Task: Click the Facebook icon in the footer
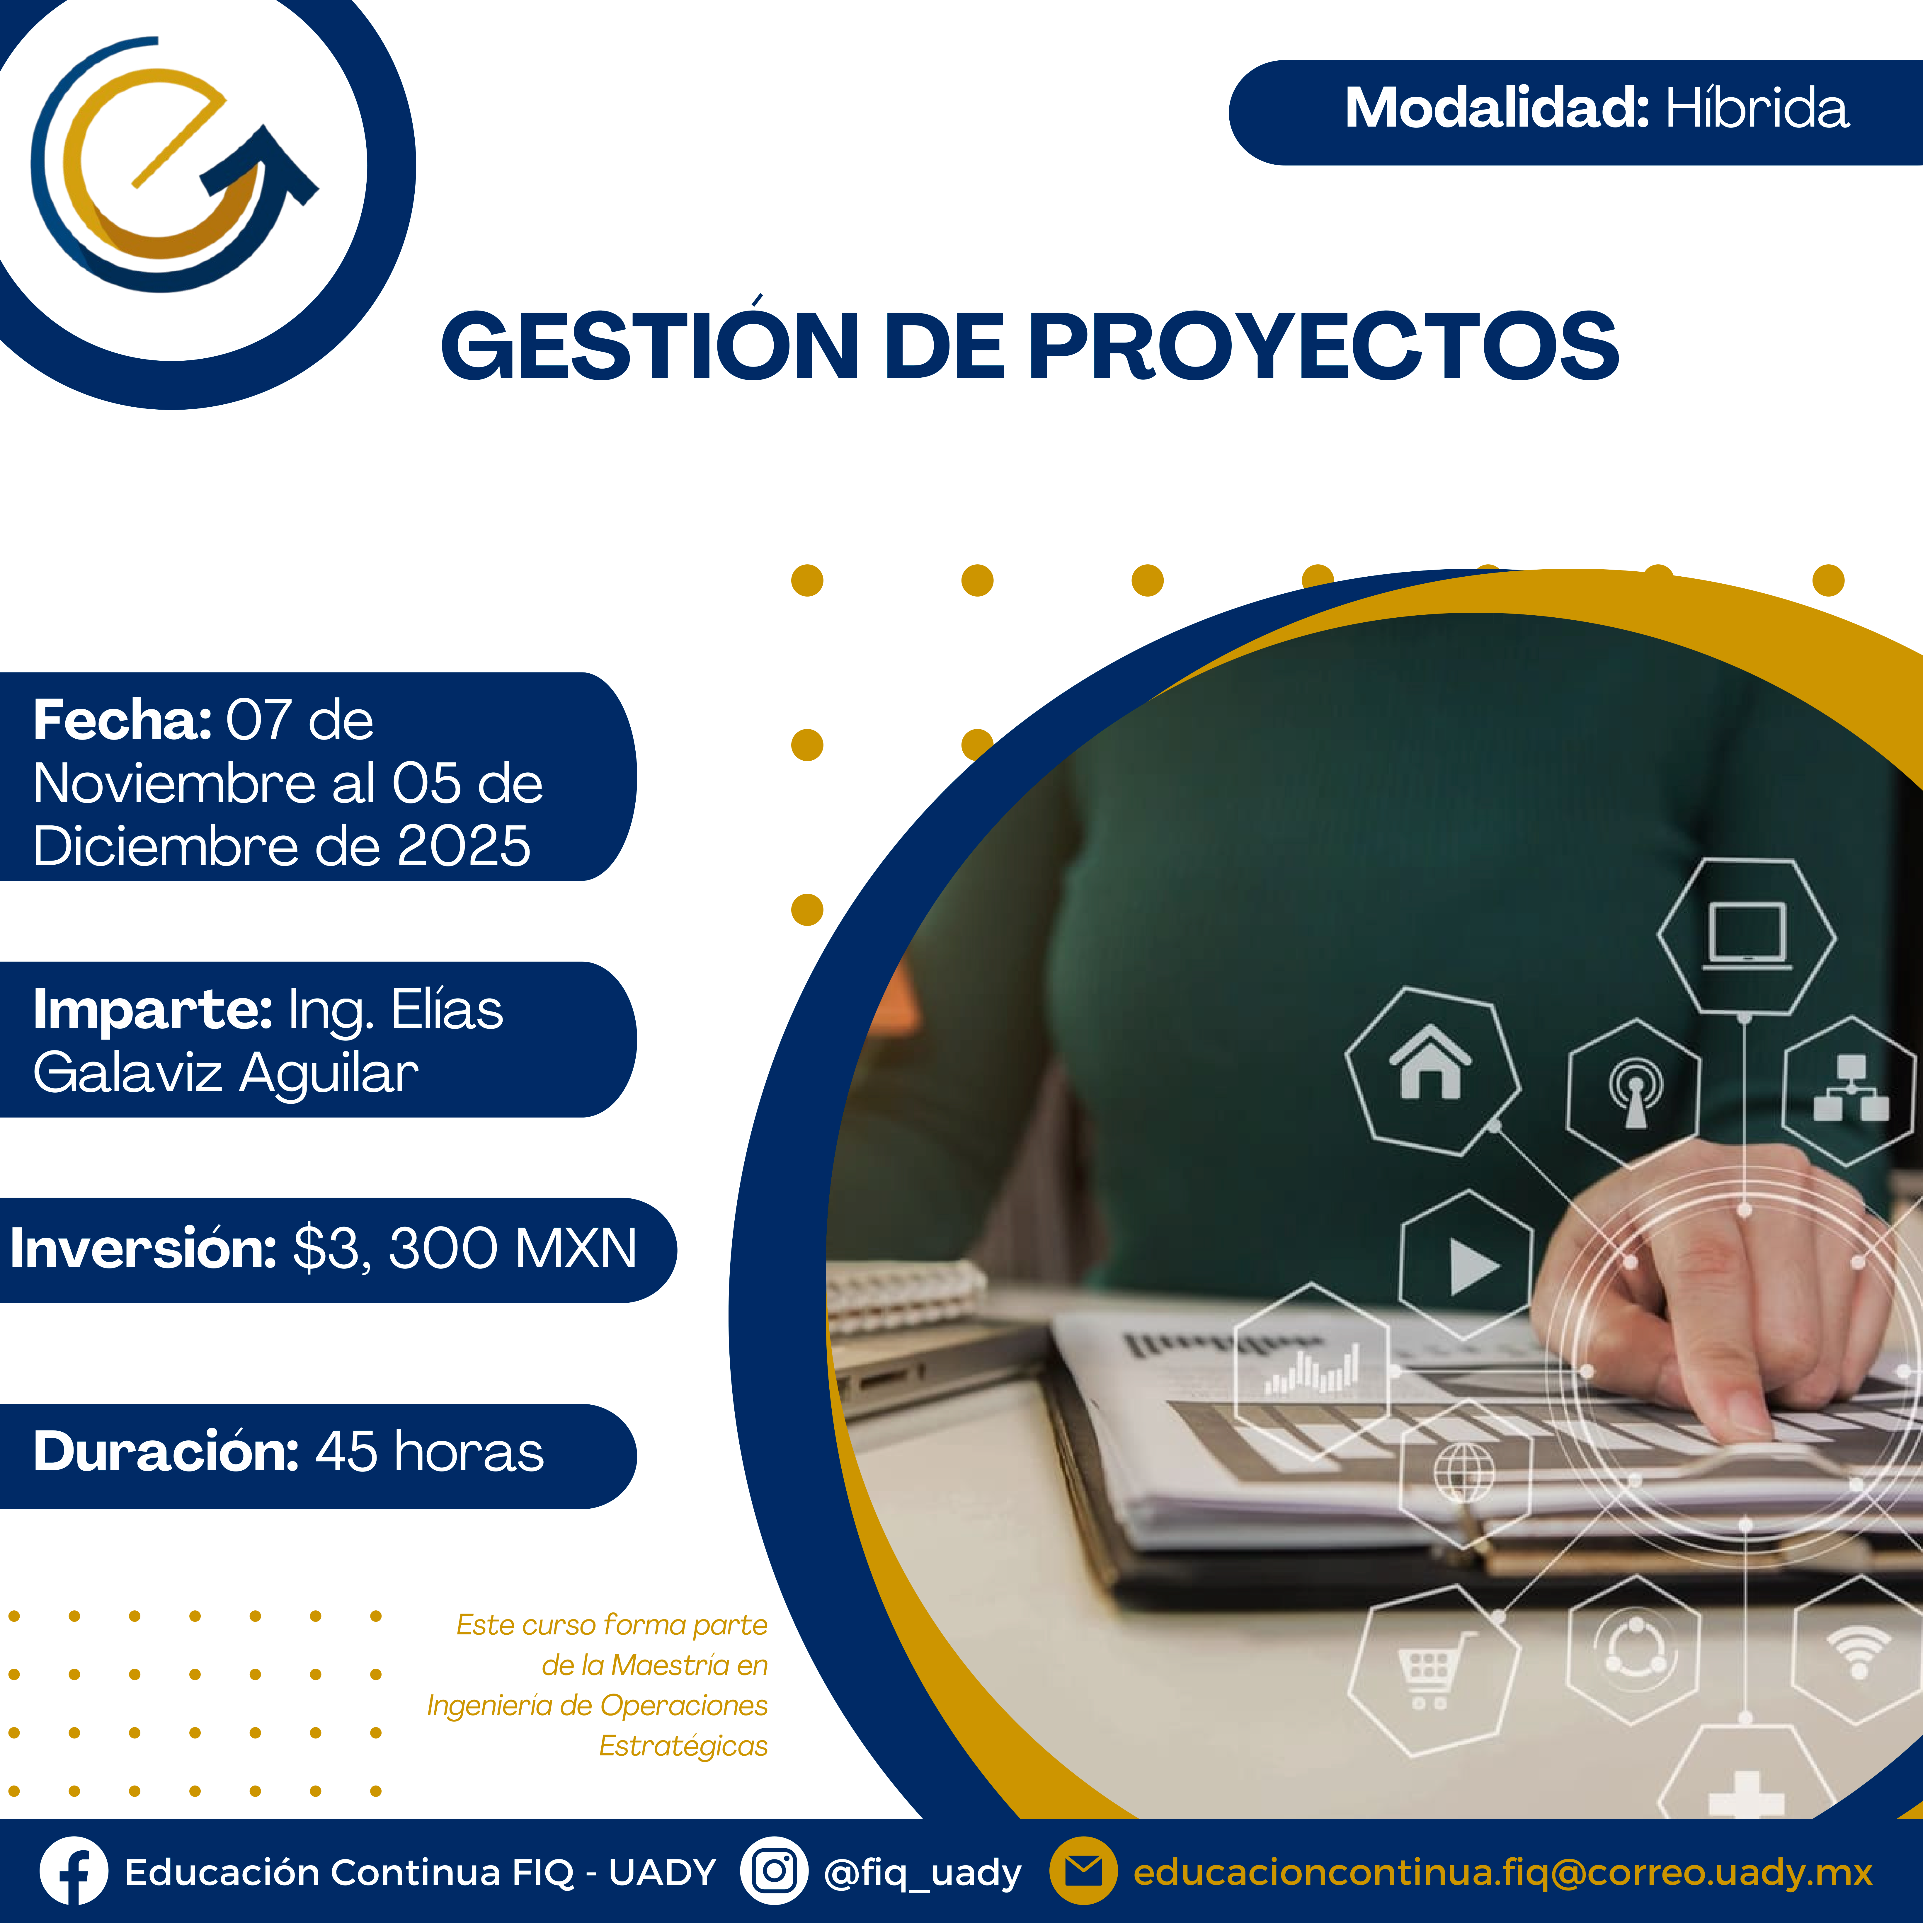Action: (x=74, y=1871)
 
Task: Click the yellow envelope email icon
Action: (x=1084, y=1871)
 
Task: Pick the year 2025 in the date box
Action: (x=464, y=847)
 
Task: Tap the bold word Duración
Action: (x=166, y=1451)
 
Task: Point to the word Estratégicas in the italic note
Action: (x=683, y=1746)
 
